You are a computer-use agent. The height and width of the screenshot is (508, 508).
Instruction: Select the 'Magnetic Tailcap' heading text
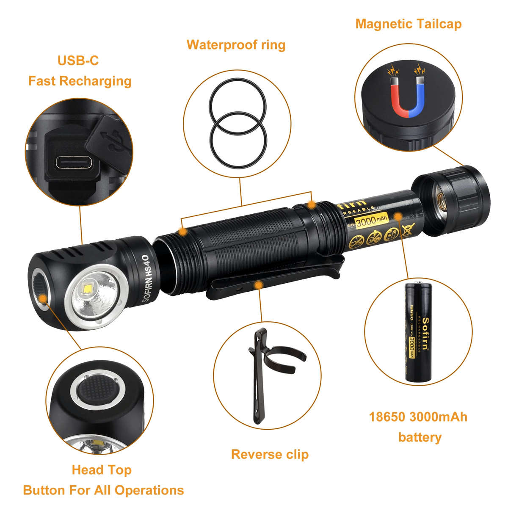tap(408, 24)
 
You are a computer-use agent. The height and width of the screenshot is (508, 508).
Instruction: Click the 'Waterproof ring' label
tap(236, 44)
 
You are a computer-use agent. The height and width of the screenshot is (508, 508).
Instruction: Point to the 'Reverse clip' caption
tap(270, 454)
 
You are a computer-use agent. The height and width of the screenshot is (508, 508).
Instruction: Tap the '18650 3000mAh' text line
tap(418, 417)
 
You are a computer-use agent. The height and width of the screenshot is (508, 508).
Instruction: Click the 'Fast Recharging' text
tap(80, 80)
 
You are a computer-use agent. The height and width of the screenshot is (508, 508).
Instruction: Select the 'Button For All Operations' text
tap(103, 490)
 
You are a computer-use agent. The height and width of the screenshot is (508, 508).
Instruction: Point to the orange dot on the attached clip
tap(257, 285)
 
